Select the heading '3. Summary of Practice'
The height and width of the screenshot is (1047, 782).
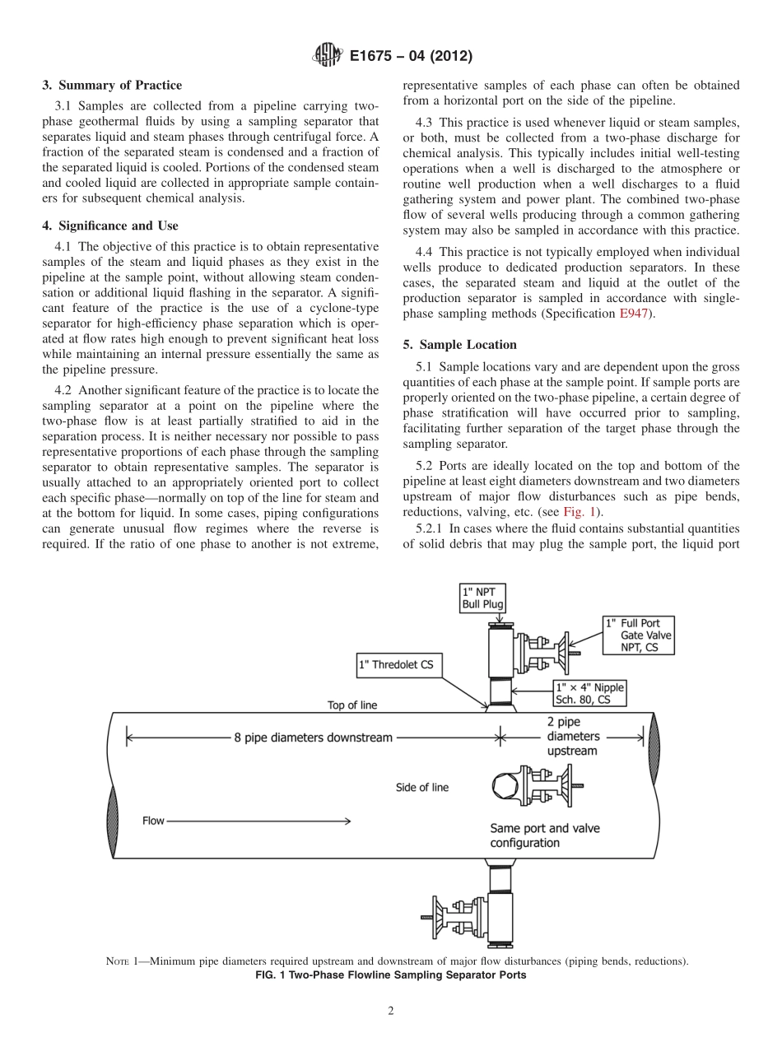pyautogui.click(x=112, y=85)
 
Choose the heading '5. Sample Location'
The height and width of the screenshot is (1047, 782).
pyautogui.click(x=459, y=344)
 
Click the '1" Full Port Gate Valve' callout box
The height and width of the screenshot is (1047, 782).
pyautogui.click(x=639, y=635)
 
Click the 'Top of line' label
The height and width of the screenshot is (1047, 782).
pyautogui.click(x=352, y=705)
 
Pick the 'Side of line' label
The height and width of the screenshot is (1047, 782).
pyautogui.click(x=422, y=787)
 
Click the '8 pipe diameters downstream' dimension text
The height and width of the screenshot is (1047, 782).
pyautogui.click(x=313, y=737)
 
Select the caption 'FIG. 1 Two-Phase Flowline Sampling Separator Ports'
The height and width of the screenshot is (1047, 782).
pyautogui.click(x=391, y=975)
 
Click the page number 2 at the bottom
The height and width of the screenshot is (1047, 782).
pyautogui.click(x=391, y=1012)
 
